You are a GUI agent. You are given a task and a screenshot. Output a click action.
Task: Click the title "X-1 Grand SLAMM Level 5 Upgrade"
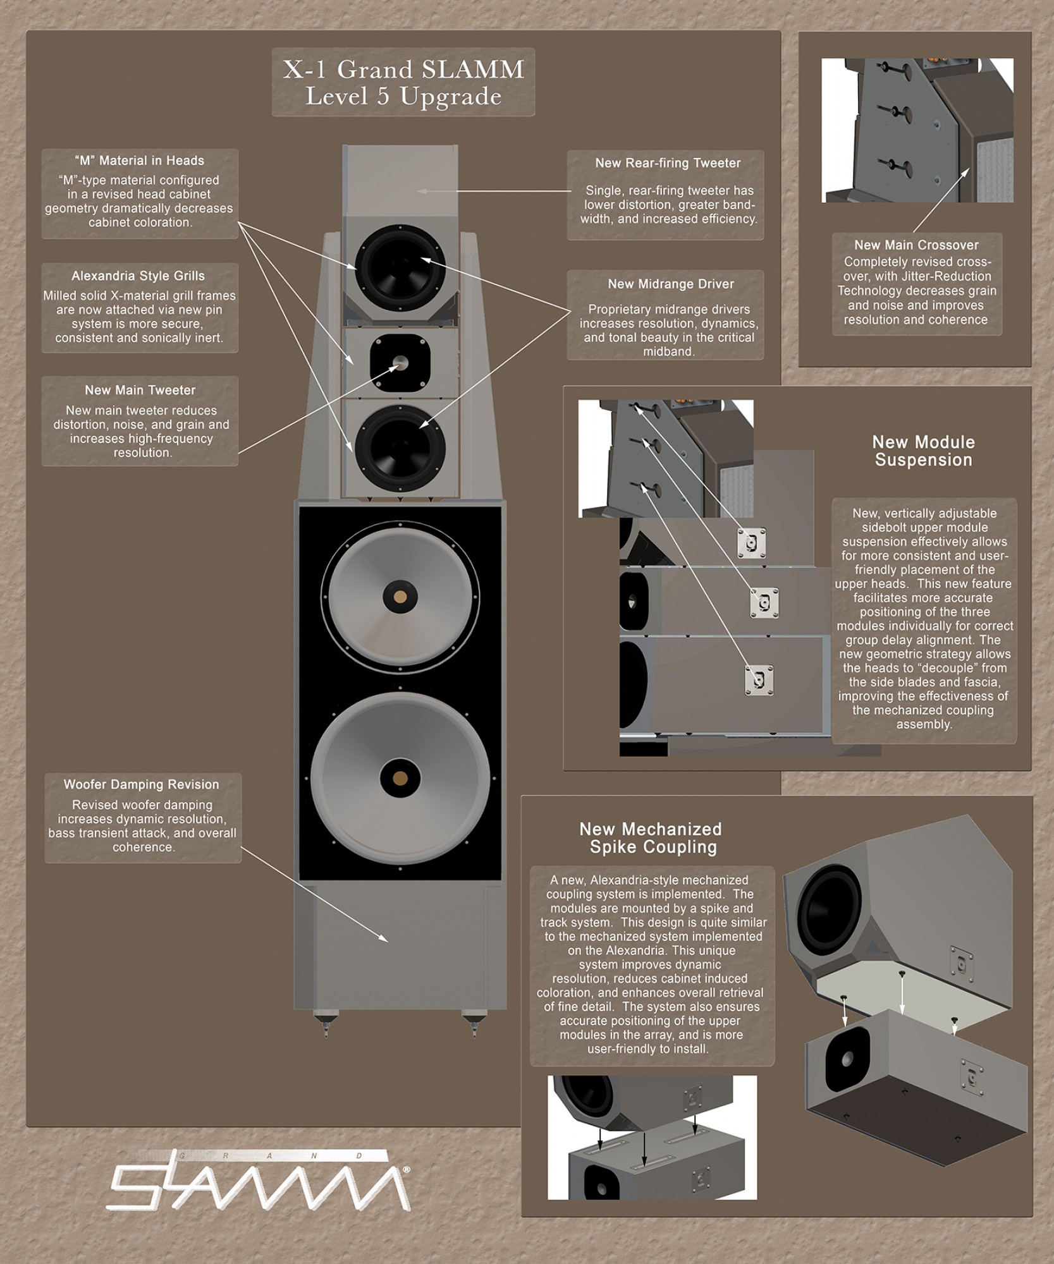(x=403, y=82)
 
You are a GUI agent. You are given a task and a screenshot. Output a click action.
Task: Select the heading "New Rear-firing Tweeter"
(x=668, y=163)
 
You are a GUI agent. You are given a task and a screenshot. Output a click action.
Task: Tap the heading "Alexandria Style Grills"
(x=138, y=276)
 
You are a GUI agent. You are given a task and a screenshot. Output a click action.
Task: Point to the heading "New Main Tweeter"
(x=140, y=391)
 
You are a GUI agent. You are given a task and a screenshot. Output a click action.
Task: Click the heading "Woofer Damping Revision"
(x=141, y=785)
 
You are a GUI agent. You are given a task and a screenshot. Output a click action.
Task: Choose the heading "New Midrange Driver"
(x=671, y=284)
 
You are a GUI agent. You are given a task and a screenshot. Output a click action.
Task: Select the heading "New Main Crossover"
(x=916, y=245)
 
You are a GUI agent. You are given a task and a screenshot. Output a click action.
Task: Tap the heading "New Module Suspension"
(x=923, y=451)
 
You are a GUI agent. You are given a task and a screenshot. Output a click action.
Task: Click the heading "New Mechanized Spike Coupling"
(x=651, y=838)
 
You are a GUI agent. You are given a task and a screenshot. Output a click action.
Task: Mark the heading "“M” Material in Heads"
(x=140, y=161)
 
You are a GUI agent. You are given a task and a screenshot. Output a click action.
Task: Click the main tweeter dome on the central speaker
(x=400, y=363)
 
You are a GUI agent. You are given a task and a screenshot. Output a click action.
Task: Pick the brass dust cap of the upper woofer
(x=400, y=597)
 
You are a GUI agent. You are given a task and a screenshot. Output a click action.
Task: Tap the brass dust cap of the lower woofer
(x=400, y=778)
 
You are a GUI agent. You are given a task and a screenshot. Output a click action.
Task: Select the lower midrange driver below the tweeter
(x=400, y=448)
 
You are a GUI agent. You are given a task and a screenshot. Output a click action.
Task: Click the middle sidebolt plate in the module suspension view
(x=764, y=603)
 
